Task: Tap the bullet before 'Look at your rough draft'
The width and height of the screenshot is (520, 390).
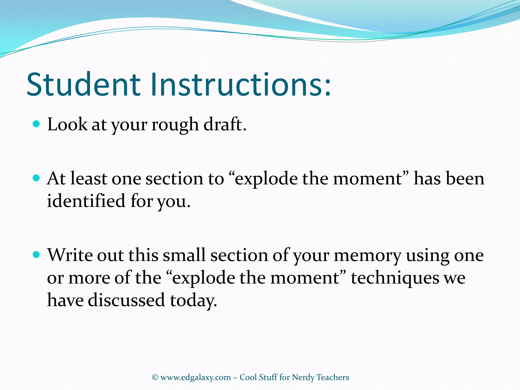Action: point(37,124)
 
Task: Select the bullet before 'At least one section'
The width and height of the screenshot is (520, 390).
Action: point(37,178)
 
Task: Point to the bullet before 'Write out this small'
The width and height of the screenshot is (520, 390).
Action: point(37,255)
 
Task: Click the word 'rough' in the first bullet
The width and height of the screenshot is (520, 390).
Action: point(175,125)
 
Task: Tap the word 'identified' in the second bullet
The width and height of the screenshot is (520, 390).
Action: point(86,201)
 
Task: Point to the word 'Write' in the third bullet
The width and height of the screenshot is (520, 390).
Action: point(70,255)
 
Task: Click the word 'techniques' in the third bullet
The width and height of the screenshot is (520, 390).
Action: point(395,278)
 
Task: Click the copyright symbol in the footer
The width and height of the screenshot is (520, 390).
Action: point(155,377)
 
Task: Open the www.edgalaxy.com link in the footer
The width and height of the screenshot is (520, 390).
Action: point(196,378)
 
